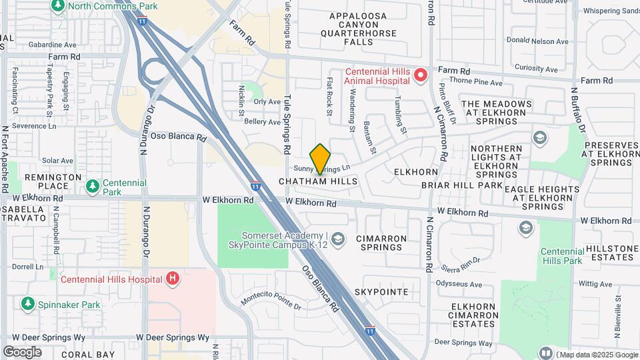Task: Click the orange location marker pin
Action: [x=321, y=158]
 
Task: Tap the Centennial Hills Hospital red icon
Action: [x=173, y=279]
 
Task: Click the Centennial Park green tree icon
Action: [x=93, y=185]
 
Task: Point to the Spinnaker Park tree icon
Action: [x=28, y=305]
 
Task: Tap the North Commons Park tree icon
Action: [x=57, y=6]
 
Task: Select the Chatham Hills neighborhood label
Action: [x=318, y=181]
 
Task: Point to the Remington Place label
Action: [x=47, y=182]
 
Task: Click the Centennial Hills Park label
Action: [x=562, y=256]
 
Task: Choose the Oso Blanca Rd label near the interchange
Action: [x=177, y=136]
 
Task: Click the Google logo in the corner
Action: [x=22, y=352]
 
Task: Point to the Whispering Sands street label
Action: [x=609, y=11]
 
